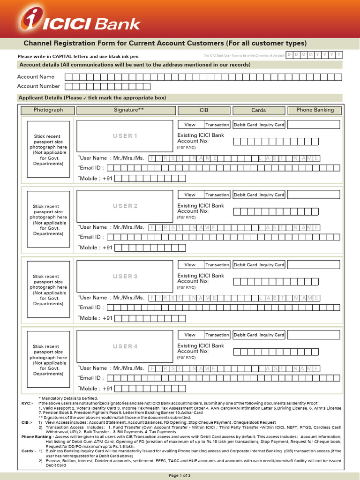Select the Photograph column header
pyautogui.click(x=48, y=110)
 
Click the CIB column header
pyautogui.click(x=204, y=110)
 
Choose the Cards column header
pyautogui.click(x=258, y=110)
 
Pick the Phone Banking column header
pyautogui.click(x=315, y=110)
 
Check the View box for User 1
pyautogui.click(x=190, y=125)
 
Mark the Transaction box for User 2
pyautogui.click(x=217, y=195)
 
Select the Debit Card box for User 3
pyautogui.click(x=246, y=265)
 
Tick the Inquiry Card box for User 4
pyautogui.click(x=272, y=335)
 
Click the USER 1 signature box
pyautogui.click(x=125, y=136)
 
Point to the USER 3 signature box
pyautogui.click(x=125, y=276)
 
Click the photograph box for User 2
pyautogui.click(x=48, y=219)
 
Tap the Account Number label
pyautogui.click(x=38, y=86)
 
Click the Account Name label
pyautogui.click(x=36, y=77)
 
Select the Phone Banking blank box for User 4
pyautogui.click(x=313, y=335)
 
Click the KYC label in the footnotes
pyautogui.click(x=27, y=403)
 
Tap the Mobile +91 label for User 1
pyautogui.click(x=96, y=178)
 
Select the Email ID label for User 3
pyautogui.click(x=91, y=307)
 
